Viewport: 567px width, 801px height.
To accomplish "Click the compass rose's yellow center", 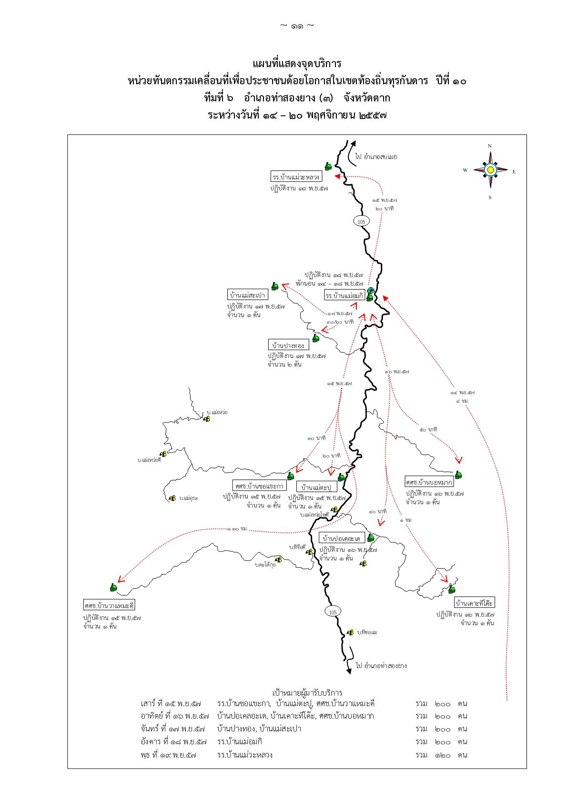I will (490, 170).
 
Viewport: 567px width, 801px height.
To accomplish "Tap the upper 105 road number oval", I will (361, 221).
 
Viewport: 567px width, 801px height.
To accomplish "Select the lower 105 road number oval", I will (333, 612).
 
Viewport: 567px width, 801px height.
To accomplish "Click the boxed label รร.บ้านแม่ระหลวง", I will (296, 177).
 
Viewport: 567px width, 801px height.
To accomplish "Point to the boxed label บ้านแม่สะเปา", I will (247, 295).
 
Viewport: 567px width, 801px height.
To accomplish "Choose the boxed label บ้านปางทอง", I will (288, 345).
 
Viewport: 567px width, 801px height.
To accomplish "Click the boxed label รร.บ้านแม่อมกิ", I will (344, 296).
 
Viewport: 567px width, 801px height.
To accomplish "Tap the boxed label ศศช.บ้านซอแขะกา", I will (260, 486).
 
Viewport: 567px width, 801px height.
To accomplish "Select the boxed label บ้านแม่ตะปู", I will (316, 487).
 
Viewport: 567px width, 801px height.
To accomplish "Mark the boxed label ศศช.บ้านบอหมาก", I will (429, 482).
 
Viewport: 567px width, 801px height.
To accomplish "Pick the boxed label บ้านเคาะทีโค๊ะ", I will (474, 603).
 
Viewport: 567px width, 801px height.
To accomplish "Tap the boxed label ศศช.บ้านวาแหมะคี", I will (109, 606).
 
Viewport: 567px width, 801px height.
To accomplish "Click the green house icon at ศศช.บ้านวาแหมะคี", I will (113, 588).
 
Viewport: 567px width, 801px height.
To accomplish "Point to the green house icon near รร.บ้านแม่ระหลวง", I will (328, 166).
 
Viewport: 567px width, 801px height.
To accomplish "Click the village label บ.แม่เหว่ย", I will (217, 412).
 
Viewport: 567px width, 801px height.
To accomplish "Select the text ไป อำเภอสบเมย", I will (376, 156).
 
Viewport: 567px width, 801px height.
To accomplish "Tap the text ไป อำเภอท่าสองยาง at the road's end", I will (381, 665).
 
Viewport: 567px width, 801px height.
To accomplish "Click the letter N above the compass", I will (490, 146).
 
